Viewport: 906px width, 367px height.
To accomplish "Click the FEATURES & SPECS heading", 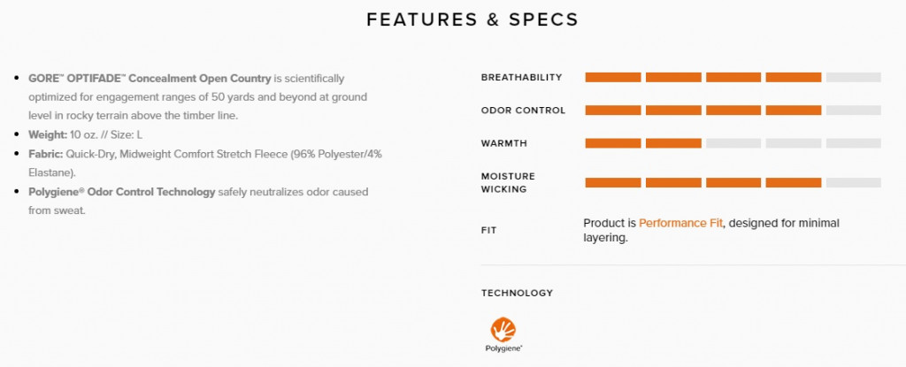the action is [472, 19].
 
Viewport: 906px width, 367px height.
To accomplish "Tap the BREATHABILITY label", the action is [521, 78].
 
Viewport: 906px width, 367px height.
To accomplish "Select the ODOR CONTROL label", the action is [523, 111].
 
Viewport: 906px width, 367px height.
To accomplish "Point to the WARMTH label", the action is [503, 143].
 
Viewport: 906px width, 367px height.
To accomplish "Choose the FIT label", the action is [488, 231].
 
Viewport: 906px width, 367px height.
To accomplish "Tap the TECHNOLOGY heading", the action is [517, 293].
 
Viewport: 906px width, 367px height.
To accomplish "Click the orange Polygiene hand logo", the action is [503, 330].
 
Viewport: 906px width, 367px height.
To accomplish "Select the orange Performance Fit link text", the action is [680, 223].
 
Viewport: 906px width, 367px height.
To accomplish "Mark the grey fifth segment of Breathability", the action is [854, 78].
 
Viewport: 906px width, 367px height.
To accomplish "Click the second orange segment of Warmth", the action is [673, 143].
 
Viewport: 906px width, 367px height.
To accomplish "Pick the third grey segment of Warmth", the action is [733, 143].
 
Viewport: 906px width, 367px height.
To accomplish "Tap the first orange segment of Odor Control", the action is [613, 111].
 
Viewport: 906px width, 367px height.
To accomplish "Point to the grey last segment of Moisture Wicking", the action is [854, 183].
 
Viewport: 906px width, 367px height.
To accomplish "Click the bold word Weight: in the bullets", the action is [48, 134].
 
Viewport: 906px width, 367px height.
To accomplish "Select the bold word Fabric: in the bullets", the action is [46, 154].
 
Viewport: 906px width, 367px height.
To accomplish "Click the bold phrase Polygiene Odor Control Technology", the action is [122, 192].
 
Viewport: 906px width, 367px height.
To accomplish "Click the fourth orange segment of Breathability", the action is [794, 78].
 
